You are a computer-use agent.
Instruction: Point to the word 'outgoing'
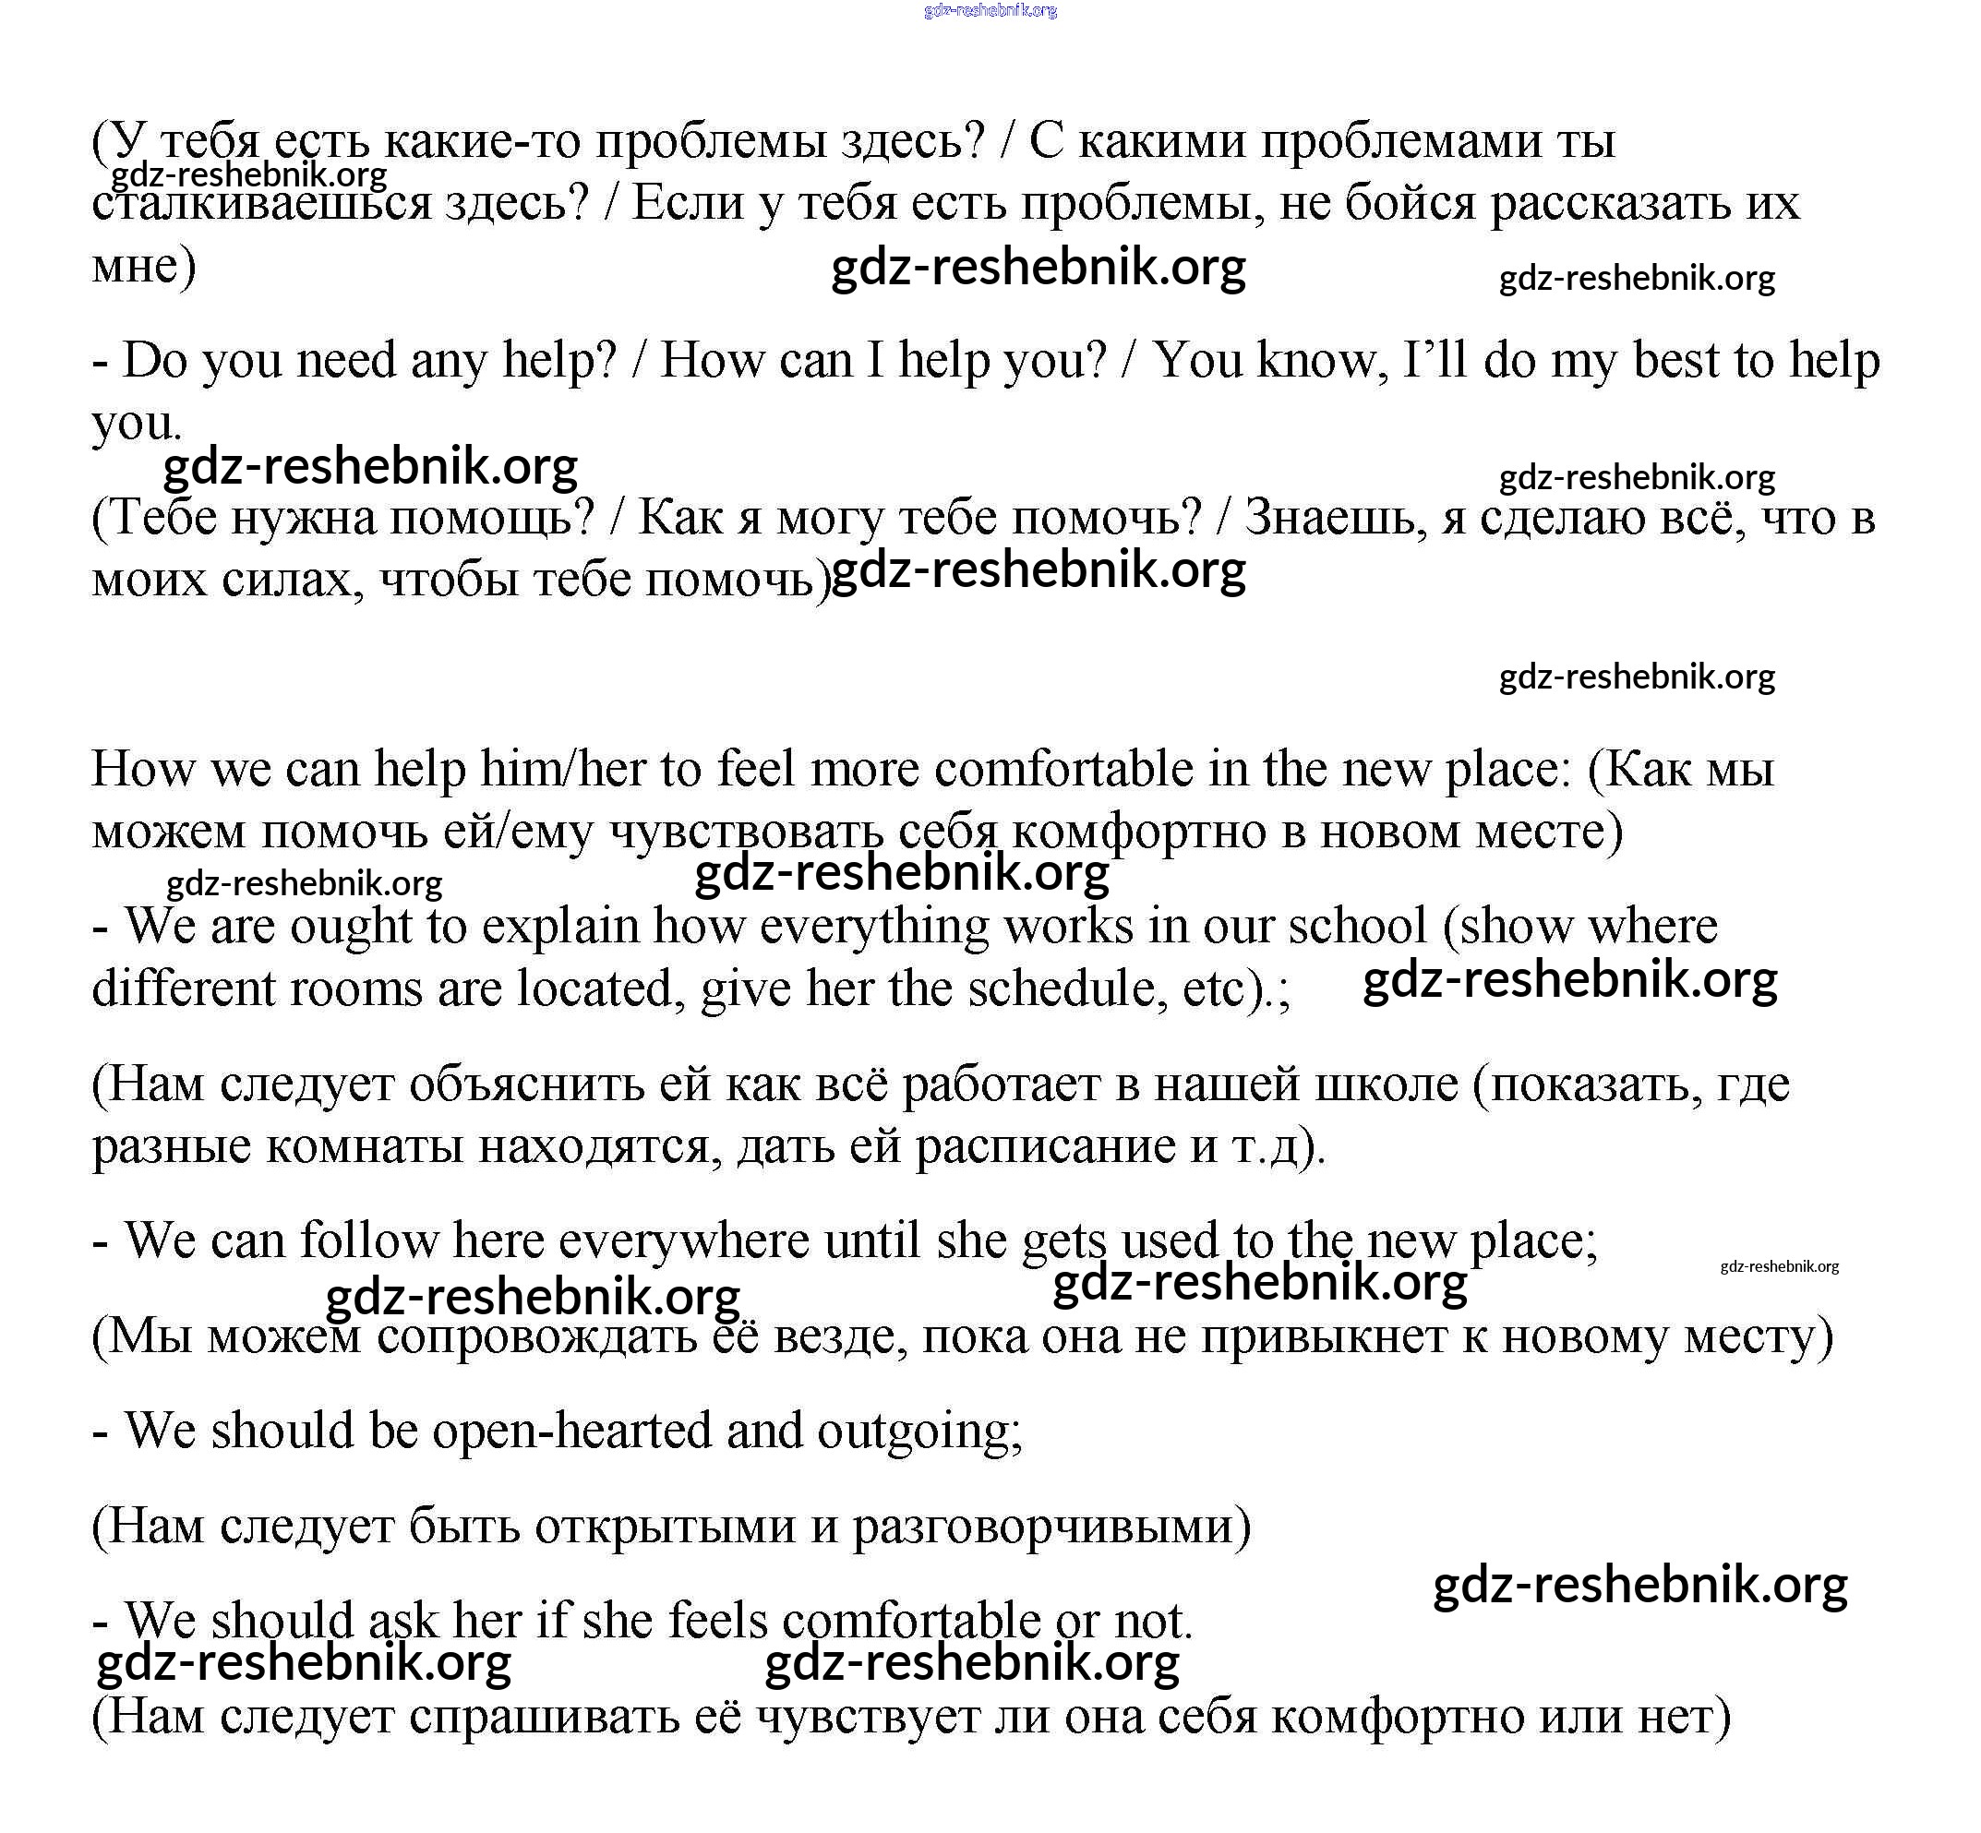point(918,1431)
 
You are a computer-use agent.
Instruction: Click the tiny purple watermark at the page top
point(990,11)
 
